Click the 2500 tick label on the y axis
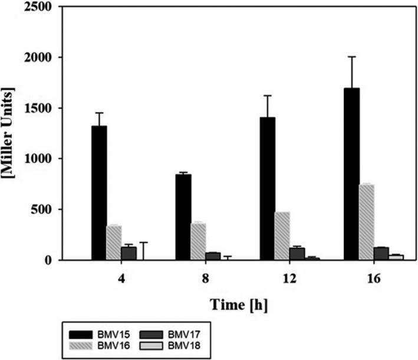pyautogui.click(x=39, y=8)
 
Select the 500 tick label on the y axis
pyautogui.click(x=42, y=210)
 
